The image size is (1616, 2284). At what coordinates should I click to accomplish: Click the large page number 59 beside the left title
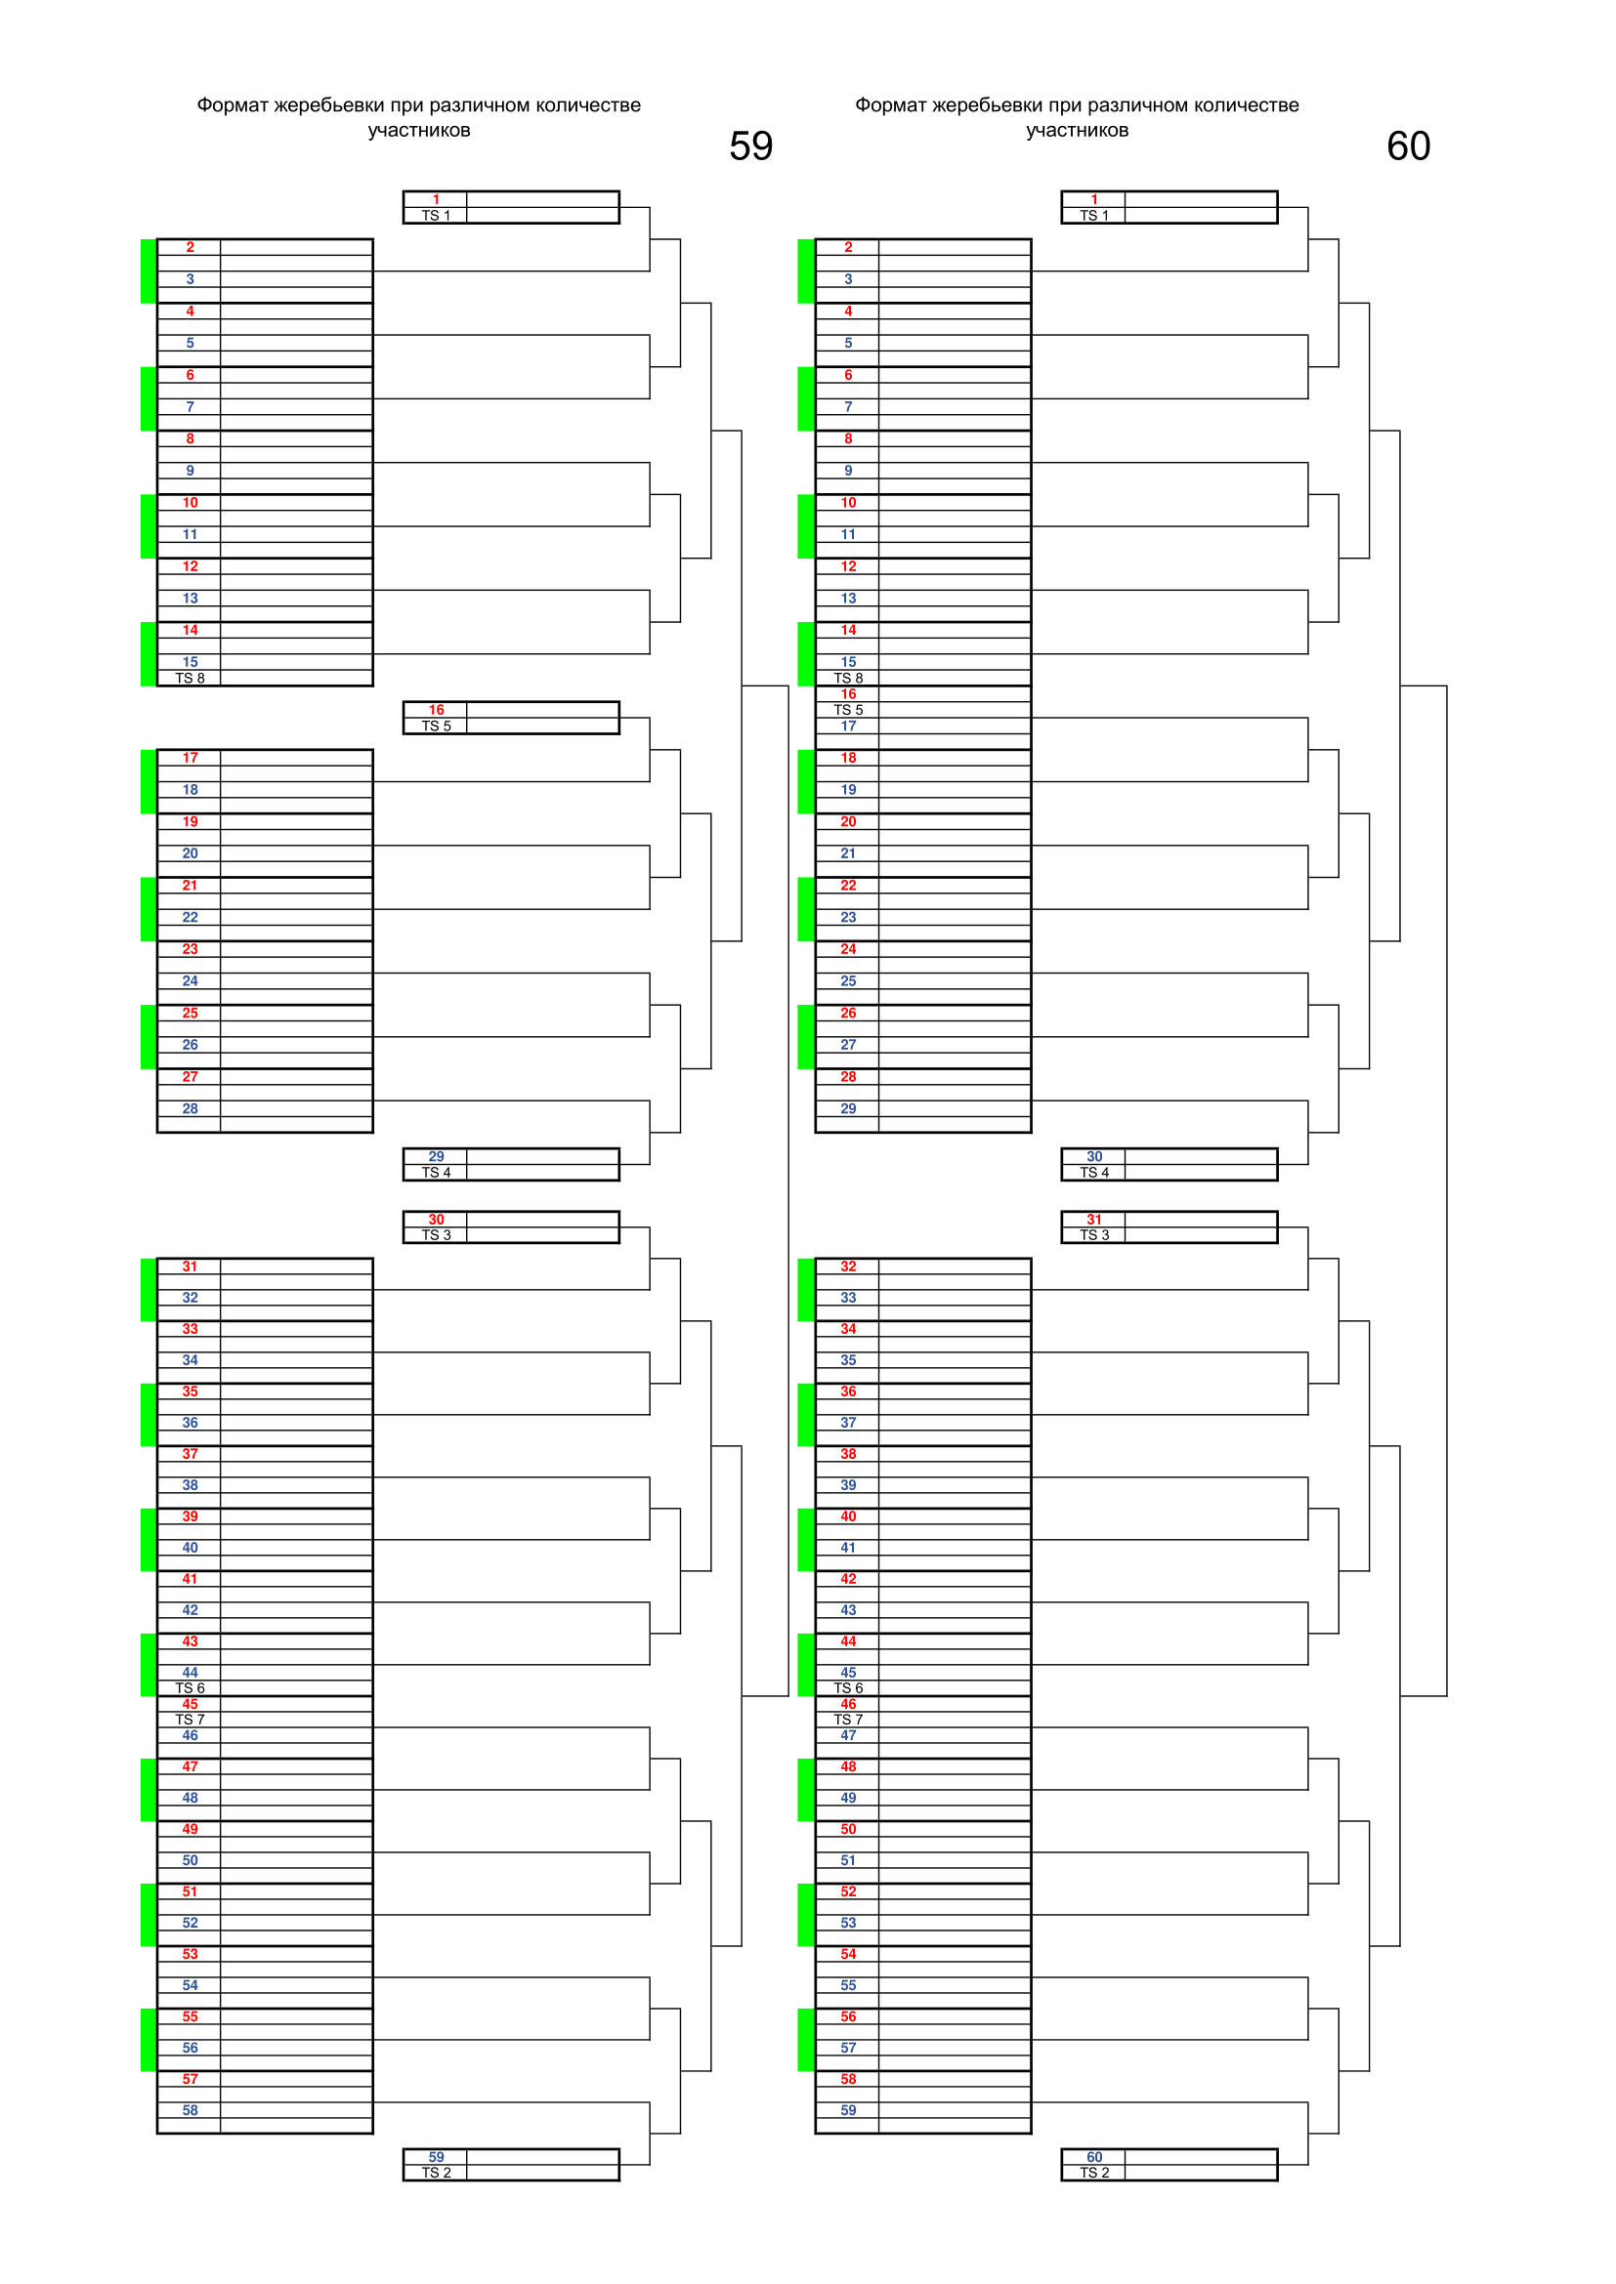750,146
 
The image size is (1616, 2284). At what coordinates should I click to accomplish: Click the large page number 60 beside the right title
1408,146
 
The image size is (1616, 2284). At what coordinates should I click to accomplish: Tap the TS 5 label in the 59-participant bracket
436,727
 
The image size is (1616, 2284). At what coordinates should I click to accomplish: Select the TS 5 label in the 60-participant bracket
848,710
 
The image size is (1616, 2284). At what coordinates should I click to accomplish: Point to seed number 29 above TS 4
436,1156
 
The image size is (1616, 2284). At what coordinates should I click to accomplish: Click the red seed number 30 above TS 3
436,1219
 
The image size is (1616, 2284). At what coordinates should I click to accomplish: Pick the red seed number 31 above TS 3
1093,1219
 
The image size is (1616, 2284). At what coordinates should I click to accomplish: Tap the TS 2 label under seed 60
1093,2173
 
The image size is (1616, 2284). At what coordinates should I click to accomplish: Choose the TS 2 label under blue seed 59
436,2173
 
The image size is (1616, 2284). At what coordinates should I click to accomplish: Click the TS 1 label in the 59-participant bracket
436,216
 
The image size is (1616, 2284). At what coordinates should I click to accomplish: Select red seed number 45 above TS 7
191,1704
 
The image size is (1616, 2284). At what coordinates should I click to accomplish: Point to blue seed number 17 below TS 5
848,727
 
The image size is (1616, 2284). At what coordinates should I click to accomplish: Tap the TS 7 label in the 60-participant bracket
848,1720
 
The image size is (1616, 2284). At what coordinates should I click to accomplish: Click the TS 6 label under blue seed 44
191,1688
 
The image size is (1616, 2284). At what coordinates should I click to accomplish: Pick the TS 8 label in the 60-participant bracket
848,679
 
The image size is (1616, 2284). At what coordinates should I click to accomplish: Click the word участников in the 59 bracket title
419,130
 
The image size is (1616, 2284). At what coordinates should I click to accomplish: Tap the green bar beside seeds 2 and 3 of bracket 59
149,270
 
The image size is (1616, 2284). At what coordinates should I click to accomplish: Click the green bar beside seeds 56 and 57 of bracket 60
806,2039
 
